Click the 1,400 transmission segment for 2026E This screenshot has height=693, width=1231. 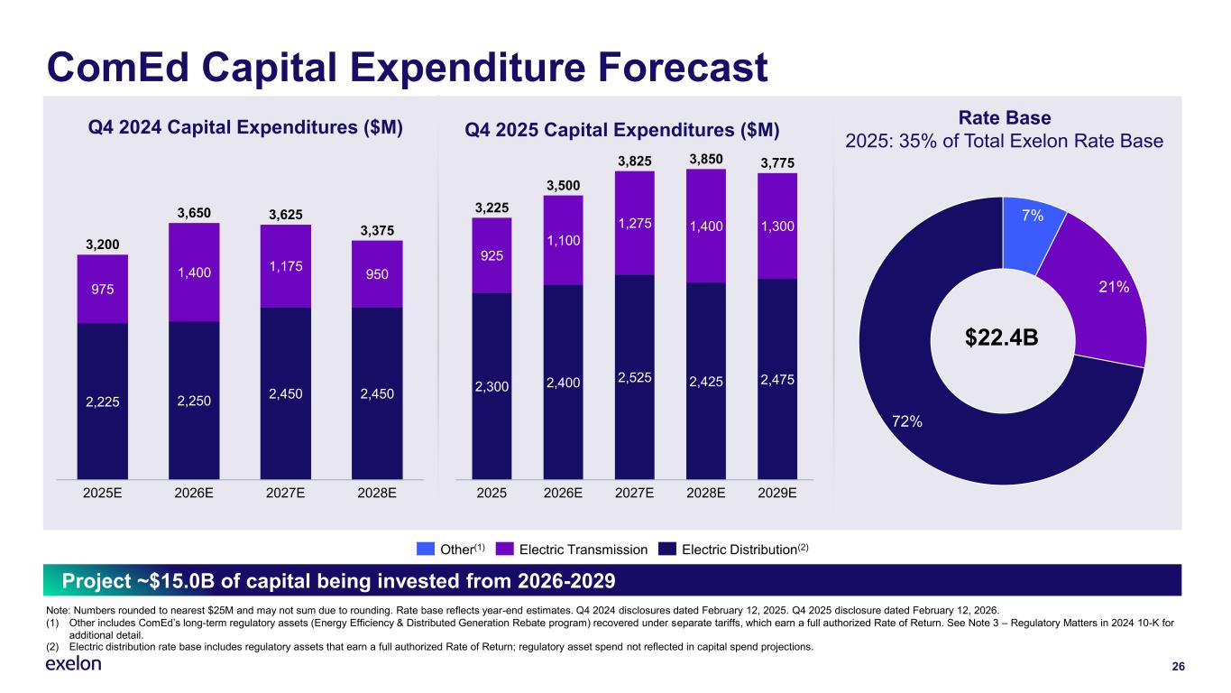194,272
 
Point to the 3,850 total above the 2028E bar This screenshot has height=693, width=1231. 705,160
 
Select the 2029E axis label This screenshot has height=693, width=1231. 776,494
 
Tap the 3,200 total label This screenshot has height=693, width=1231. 102,244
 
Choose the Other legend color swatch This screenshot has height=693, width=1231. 426,549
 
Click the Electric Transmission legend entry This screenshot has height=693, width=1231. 580,549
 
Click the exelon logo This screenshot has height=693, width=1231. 73,665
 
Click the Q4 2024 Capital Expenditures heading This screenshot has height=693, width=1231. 243,128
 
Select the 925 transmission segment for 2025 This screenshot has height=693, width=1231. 491,256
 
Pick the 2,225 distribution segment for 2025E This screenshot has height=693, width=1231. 102,402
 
